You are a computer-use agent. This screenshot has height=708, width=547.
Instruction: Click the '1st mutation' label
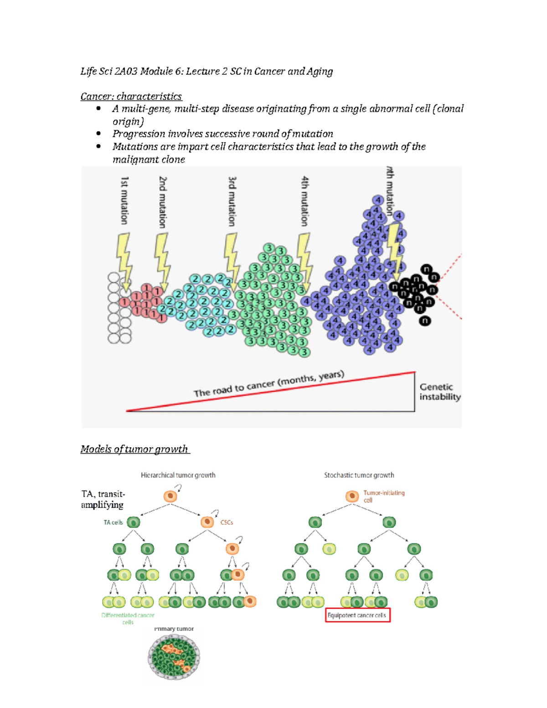pyautogui.click(x=124, y=201)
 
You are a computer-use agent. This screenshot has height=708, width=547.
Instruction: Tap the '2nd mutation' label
pyautogui.click(x=163, y=202)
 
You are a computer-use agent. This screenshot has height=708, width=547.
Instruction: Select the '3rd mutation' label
pyautogui.click(x=232, y=202)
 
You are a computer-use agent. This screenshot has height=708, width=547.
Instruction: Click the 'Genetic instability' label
pyautogui.click(x=439, y=392)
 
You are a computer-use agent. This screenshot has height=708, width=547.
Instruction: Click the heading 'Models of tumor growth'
pyautogui.click(x=134, y=449)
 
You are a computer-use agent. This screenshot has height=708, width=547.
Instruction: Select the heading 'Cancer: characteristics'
pyautogui.click(x=131, y=96)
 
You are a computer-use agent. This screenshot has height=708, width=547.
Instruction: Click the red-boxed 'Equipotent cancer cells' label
pyautogui.click(x=357, y=615)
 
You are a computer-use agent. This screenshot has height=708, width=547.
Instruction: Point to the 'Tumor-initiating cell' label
pyautogui.click(x=383, y=496)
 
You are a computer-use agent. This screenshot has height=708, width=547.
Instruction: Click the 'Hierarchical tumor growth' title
pyautogui.click(x=178, y=475)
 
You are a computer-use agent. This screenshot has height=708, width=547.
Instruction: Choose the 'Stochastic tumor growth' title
pyautogui.click(x=359, y=475)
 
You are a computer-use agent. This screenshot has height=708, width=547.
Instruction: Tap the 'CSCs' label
pyautogui.click(x=227, y=522)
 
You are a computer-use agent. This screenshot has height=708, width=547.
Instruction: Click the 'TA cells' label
pyautogui.click(x=113, y=522)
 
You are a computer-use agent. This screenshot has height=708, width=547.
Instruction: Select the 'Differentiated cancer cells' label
pyautogui.click(x=128, y=618)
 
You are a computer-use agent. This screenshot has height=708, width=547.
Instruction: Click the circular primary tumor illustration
pyautogui.click(x=174, y=657)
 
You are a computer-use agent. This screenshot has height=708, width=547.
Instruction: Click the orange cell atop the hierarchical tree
pyautogui.click(x=170, y=496)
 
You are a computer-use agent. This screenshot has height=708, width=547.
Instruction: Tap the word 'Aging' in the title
pyautogui.click(x=320, y=71)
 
